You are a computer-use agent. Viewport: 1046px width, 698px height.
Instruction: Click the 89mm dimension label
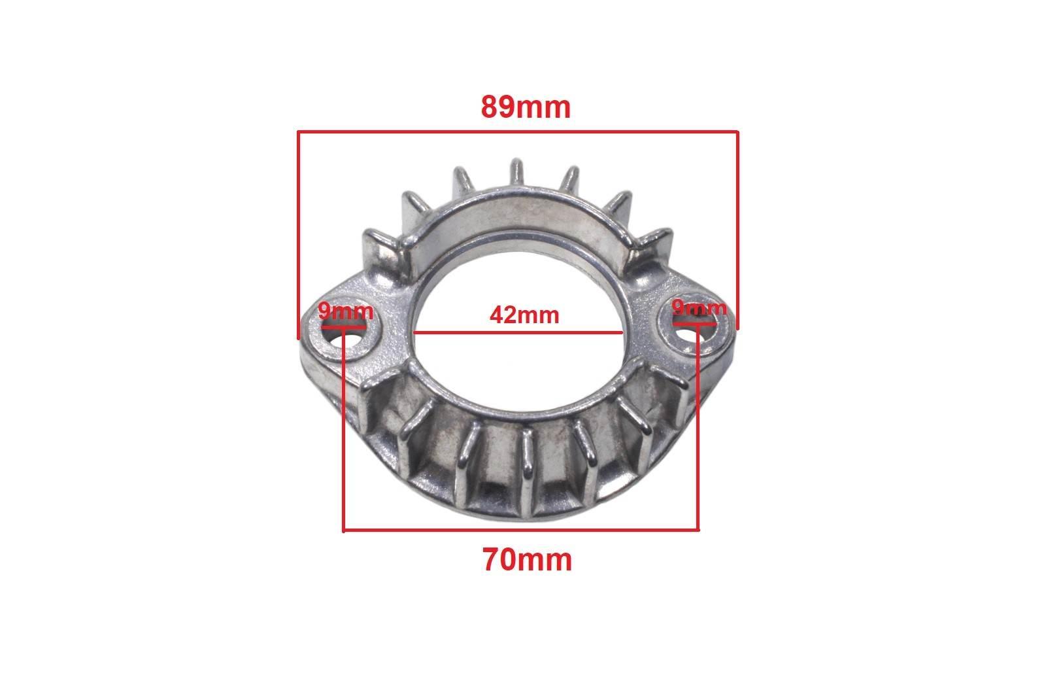click(526, 107)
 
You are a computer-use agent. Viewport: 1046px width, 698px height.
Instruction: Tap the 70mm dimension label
click(527, 560)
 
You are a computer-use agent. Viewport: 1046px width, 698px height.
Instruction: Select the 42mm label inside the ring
click(524, 315)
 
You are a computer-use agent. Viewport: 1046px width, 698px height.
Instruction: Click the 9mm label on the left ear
click(346, 311)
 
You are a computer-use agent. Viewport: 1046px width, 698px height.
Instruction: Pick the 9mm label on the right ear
click(699, 308)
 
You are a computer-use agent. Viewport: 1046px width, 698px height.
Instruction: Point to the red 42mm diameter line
click(518, 333)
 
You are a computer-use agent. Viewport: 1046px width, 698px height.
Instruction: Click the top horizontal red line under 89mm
click(517, 131)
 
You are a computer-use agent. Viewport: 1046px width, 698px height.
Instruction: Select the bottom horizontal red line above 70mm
click(521, 531)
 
